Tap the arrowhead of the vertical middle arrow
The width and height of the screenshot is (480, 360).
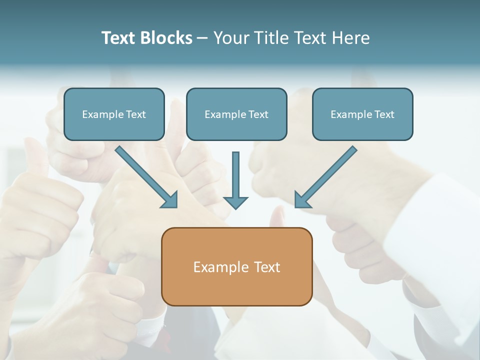(x=235, y=202)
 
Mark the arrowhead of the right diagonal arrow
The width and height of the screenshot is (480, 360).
(x=301, y=200)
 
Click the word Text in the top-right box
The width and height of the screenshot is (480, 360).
(x=384, y=114)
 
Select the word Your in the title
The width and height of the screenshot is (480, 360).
(x=229, y=38)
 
